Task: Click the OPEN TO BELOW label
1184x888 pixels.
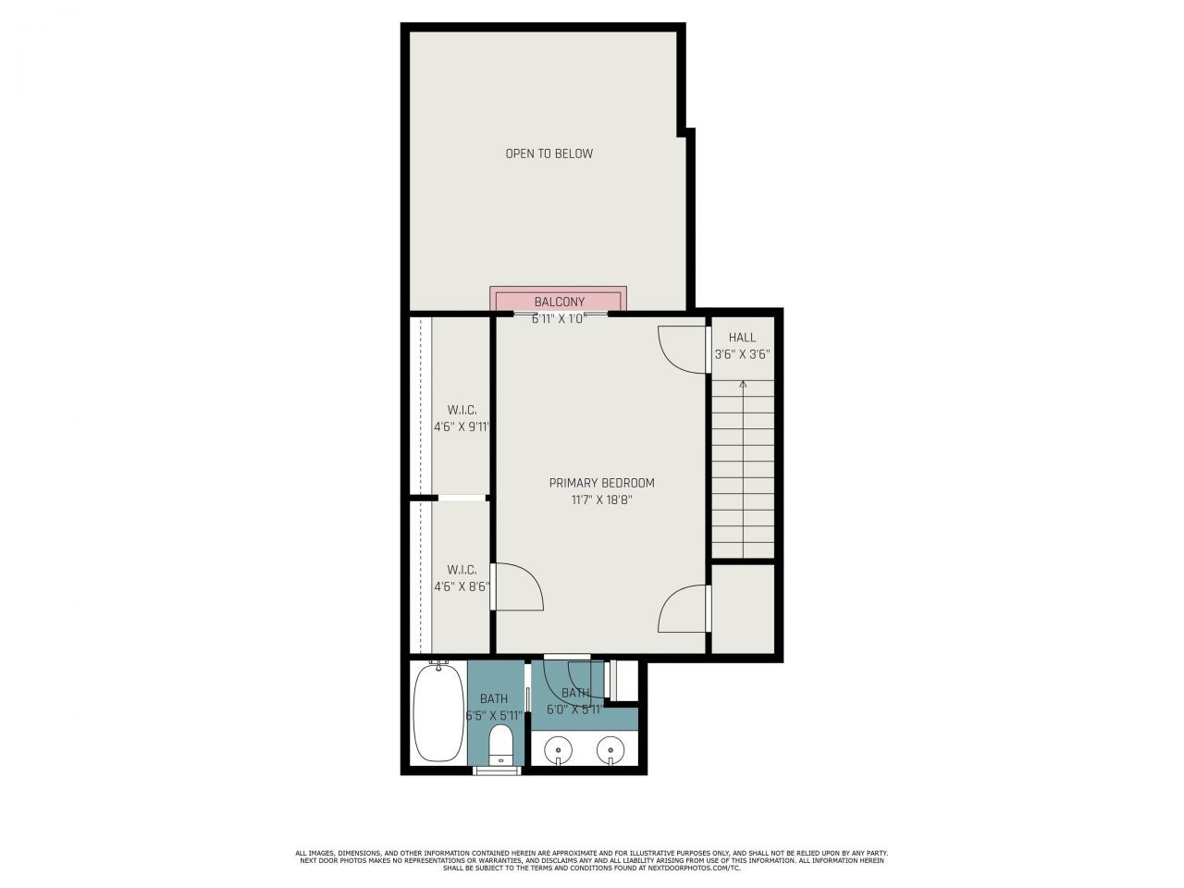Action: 549,154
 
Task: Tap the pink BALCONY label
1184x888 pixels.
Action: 559,302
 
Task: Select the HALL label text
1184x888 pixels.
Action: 742,338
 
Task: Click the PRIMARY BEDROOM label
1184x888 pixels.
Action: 601,483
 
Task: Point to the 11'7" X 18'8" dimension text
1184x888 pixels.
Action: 601,500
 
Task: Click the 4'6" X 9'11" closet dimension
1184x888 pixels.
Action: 462,427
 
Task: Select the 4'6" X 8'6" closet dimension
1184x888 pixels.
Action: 462,586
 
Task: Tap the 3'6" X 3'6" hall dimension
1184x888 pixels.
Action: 742,354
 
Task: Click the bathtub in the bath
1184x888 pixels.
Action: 438,711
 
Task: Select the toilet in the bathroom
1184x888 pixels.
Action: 500,745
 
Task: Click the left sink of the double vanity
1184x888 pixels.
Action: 558,749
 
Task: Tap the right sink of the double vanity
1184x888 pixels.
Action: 610,749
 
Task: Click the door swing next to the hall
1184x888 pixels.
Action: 682,350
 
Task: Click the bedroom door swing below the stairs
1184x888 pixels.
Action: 683,609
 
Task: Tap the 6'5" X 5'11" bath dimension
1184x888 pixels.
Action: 494,716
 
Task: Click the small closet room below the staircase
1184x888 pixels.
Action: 743,608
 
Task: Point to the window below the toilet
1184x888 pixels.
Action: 497,770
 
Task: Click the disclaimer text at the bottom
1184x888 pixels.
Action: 592,860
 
